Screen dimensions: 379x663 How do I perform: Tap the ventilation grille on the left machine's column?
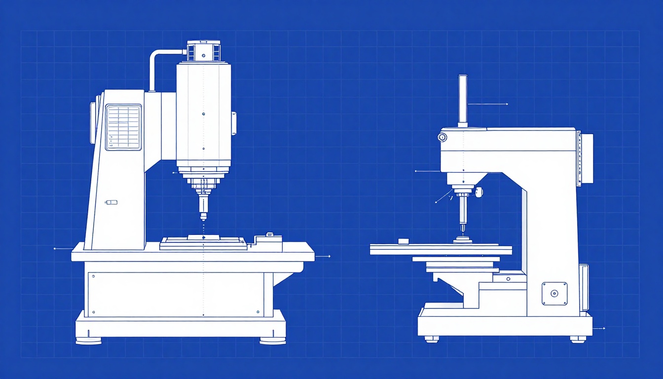pyautogui.click(x=123, y=127)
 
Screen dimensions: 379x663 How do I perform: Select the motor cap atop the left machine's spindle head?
pyautogui.click(x=203, y=51)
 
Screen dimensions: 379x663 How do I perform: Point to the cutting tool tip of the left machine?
pyautogui.click(x=203, y=217)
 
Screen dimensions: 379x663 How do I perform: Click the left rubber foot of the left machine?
pyautogui.click(x=89, y=341)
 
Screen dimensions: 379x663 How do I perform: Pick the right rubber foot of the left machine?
pyautogui.click(x=272, y=341)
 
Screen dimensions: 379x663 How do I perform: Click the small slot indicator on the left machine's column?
pyautogui.click(x=111, y=202)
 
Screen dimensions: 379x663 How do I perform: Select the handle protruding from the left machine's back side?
pyautogui.click(x=92, y=123)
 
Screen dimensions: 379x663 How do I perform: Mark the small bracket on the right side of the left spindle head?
pyautogui.click(x=233, y=123)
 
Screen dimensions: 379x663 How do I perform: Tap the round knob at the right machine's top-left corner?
pyautogui.click(x=442, y=137)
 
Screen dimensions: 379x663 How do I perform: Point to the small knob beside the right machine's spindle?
pyautogui.click(x=479, y=192)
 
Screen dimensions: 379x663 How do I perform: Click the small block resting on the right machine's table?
pyautogui.click(x=404, y=241)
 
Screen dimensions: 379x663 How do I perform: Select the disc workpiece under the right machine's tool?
pyautogui.click(x=463, y=241)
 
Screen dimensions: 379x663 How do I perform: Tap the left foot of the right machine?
pyautogui.click(x=431, y=339)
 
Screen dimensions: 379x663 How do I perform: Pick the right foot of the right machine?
pyautogui.click(x=578, y=339)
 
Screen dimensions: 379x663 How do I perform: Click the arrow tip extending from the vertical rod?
pyautogui.click(x=507, y=104)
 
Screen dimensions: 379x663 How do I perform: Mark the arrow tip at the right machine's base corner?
pyautogui.click(x=604, y=328)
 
